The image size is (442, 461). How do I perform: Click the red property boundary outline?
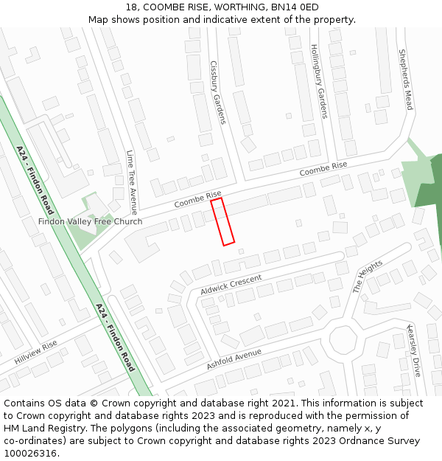[222, 221]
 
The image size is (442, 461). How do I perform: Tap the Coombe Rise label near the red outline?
[197, 199]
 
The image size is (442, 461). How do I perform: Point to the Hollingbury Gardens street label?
[318, 81]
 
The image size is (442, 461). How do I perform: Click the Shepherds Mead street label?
[405, 80]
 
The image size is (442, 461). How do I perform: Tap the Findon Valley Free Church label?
[91, 221]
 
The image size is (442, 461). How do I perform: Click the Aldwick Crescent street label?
[231, 285]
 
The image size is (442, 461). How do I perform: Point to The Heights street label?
[368, 277]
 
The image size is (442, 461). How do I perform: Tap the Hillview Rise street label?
[35, 353]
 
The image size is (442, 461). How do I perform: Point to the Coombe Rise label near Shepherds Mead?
[323, 170]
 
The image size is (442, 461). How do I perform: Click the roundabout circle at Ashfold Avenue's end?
[343, 341]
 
